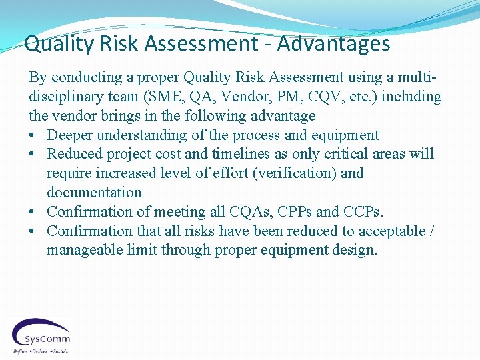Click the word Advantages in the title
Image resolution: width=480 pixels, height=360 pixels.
pos(334,44)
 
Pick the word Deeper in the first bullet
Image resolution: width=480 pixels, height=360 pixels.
pos(69,135)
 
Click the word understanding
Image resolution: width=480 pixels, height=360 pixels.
pos(142,135)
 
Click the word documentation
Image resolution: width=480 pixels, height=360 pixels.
pos(94,193)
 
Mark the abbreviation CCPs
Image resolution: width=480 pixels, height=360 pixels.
pos(361,212)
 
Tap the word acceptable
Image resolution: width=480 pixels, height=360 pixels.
pos(393,231)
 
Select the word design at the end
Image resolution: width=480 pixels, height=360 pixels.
pos(355,251)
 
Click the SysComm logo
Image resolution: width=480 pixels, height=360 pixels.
pos(41,335)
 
